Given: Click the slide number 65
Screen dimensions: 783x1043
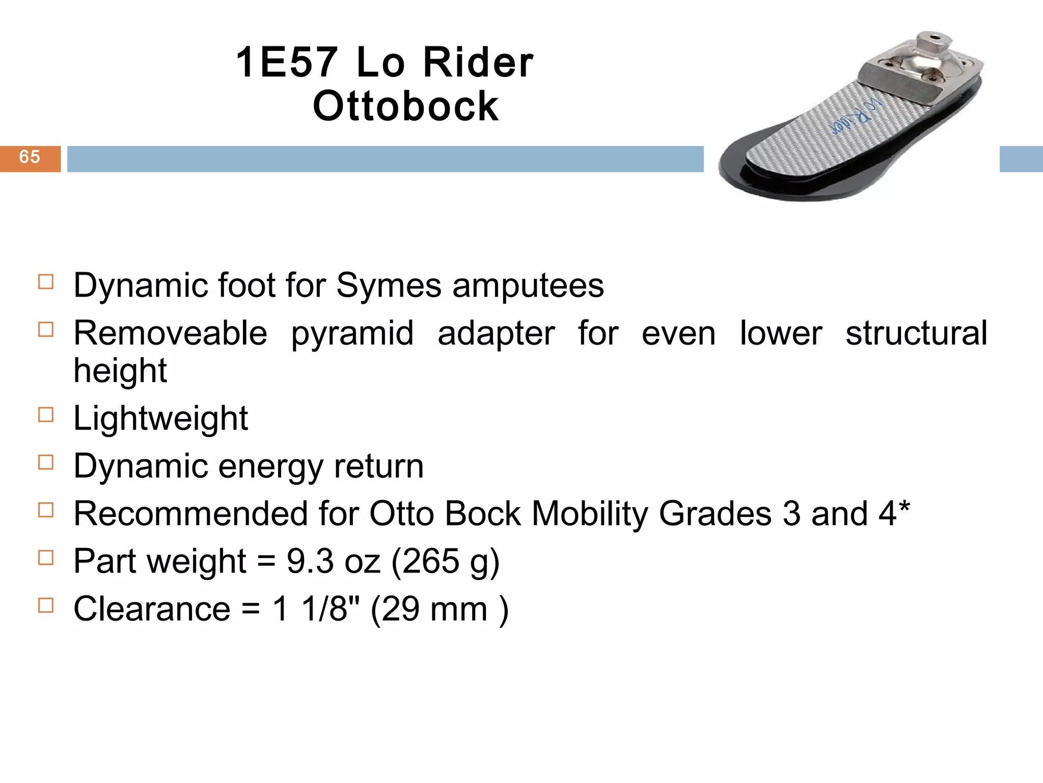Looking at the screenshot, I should coord(30,157).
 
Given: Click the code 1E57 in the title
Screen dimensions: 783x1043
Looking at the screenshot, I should coord(287,63).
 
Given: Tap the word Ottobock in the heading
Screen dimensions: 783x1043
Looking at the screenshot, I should coord(405,107).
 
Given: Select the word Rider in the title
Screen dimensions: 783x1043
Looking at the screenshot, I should coord(478,63).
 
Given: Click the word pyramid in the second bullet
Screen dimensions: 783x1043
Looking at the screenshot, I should coord(352,333).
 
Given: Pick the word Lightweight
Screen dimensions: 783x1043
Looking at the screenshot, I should coord(160,419).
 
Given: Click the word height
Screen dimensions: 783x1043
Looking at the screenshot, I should coord(120,371).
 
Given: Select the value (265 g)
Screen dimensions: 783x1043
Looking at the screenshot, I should coord(446,561).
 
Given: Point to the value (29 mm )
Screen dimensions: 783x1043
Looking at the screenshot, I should coord(439,609).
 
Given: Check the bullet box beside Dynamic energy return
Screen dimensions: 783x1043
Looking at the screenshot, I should coord(46,462).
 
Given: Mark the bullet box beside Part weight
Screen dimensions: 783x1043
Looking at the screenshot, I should coord(46,558).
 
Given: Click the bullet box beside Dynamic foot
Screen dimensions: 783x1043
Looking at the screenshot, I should coord(46,282).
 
